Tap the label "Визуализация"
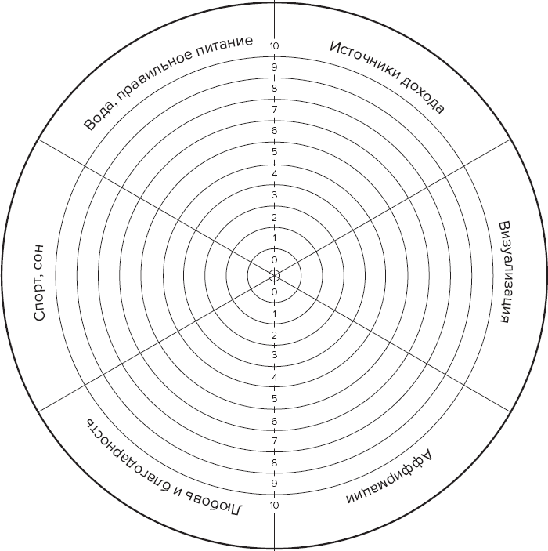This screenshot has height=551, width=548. coord(503,272)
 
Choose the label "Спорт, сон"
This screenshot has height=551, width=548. coord(39,283)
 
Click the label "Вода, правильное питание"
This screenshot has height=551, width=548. coord(168,82)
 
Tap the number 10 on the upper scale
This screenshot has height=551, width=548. coord(274,46)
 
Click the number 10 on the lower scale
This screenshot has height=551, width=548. coord(274,506)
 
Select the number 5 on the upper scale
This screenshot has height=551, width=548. coord(274,152)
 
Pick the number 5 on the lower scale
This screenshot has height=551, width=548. coord(274,399)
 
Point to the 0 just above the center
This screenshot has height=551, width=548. coord(274,260)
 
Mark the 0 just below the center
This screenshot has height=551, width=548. coord(274,292)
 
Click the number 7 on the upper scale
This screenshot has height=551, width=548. coord(274,110)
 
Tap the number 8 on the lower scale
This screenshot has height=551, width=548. coord(274,462)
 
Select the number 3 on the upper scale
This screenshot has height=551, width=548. coord(274,194)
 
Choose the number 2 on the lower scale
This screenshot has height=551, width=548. coord(274,335)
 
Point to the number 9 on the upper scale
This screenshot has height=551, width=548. coord(274,67)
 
